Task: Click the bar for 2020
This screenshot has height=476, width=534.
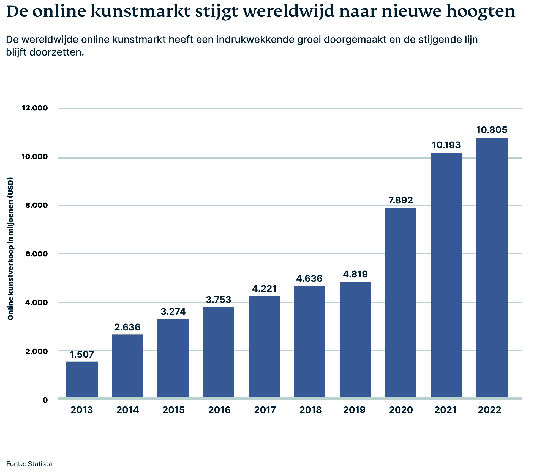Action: tap(401, 302)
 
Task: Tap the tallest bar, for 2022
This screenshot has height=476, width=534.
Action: tap(492, 268)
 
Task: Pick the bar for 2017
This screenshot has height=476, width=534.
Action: tap(264, 347)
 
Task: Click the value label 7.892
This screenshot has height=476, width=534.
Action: tap(401, 200)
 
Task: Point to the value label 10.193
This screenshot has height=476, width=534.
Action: tap(446, 145)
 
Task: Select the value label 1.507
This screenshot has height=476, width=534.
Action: tap(82, 354)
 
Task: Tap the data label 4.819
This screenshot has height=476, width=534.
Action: tap(355, 274)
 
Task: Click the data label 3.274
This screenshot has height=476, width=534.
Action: tap(173, 311)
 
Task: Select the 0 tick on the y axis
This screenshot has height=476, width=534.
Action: tap(45, 400)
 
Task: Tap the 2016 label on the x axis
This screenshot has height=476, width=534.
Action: tap(219, 410)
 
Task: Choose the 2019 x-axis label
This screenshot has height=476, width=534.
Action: tap(354, 410)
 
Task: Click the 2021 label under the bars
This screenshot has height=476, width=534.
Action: tap(445, 410)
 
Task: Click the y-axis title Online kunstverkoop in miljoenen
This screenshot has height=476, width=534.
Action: tap(10, 249)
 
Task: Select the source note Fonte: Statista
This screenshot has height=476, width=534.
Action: tap(29, 464)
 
